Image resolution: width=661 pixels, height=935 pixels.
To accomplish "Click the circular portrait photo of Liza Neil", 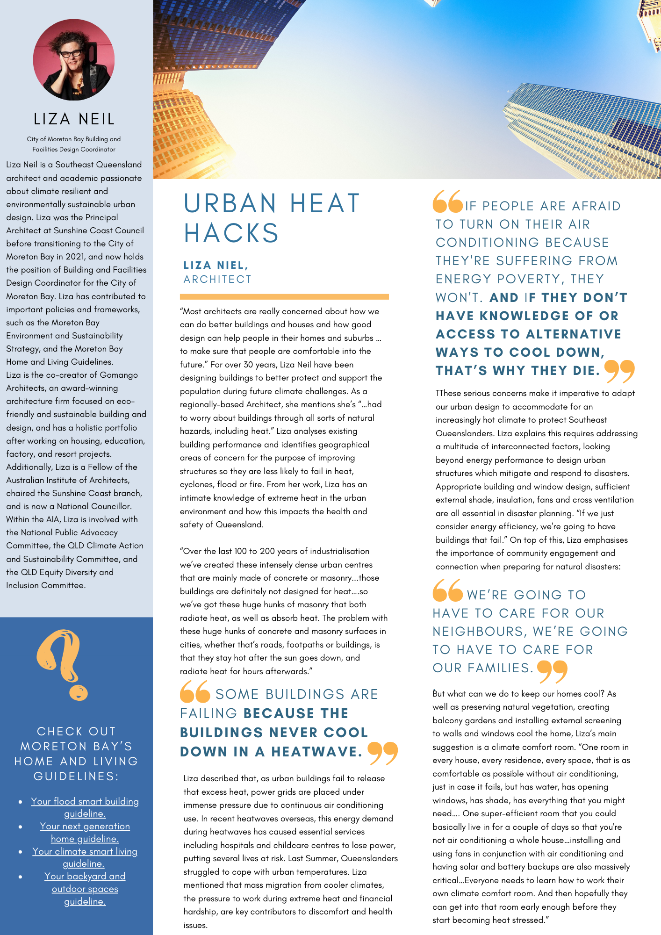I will tap(74, 60).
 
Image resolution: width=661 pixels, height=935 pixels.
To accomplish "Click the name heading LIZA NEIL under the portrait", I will tap(74, 119).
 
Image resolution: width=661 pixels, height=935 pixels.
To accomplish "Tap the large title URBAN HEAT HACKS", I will tap(272, 218).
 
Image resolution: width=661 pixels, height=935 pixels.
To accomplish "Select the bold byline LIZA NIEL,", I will tap(216, 265).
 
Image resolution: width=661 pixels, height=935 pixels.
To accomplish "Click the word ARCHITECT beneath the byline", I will tap(217, 279).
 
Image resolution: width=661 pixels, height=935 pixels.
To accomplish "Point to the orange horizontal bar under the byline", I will tap(284, 296).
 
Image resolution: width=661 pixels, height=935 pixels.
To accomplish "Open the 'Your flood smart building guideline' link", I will tap(85, 807).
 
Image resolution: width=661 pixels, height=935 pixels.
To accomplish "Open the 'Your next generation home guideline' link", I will tap(85, 832).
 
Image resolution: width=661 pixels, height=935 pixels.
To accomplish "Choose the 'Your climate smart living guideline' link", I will tap(85, 857).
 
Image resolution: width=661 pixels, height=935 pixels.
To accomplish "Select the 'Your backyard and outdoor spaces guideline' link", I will tap(85, 889).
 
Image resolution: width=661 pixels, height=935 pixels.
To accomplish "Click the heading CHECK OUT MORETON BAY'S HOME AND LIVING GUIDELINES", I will tap(76, 754).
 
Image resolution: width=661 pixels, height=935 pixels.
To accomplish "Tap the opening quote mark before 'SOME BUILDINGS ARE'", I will tap(195, 691).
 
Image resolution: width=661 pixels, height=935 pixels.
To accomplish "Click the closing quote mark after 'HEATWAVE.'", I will tap(382, 753).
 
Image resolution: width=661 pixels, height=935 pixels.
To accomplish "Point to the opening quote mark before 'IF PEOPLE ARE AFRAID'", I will tap(448, 201).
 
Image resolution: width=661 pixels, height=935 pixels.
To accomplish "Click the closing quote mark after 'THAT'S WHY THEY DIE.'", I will tap(619, 371).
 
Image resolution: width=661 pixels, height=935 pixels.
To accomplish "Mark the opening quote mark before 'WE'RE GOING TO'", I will tap(447, 590).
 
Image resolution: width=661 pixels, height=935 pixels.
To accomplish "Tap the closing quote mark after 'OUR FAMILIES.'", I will tap(552, 671).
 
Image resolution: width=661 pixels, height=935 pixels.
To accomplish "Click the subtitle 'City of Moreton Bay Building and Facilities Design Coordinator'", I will tap(74, 144).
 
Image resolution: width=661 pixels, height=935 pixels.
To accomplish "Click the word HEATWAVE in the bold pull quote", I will tap(316, 752).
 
